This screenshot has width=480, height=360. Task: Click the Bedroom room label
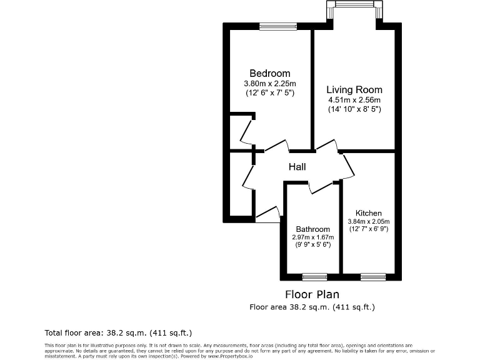click(270, 73)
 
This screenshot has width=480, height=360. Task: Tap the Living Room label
click(354, 90)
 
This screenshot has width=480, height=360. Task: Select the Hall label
click(297, 167)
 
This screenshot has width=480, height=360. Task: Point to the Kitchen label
click(368, 213)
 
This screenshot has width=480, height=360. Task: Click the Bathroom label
click(312, 229)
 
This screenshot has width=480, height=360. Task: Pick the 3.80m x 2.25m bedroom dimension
click(270, 84)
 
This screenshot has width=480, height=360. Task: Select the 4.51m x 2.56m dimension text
click(354, 100)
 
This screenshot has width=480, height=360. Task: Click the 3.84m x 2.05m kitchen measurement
click(368, 221)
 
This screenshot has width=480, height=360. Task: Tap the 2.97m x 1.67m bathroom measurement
click(312, 237)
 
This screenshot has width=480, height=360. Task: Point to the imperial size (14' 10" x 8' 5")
click(354, 109)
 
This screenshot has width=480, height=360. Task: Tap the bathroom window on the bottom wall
click(314, 276)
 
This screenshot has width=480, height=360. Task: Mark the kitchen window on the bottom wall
click(373, 276)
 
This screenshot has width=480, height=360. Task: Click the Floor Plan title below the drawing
click(312, 294)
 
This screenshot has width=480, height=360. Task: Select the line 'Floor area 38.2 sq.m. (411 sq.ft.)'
click(312, 307)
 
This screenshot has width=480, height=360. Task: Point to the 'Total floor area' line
click(118, 332)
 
